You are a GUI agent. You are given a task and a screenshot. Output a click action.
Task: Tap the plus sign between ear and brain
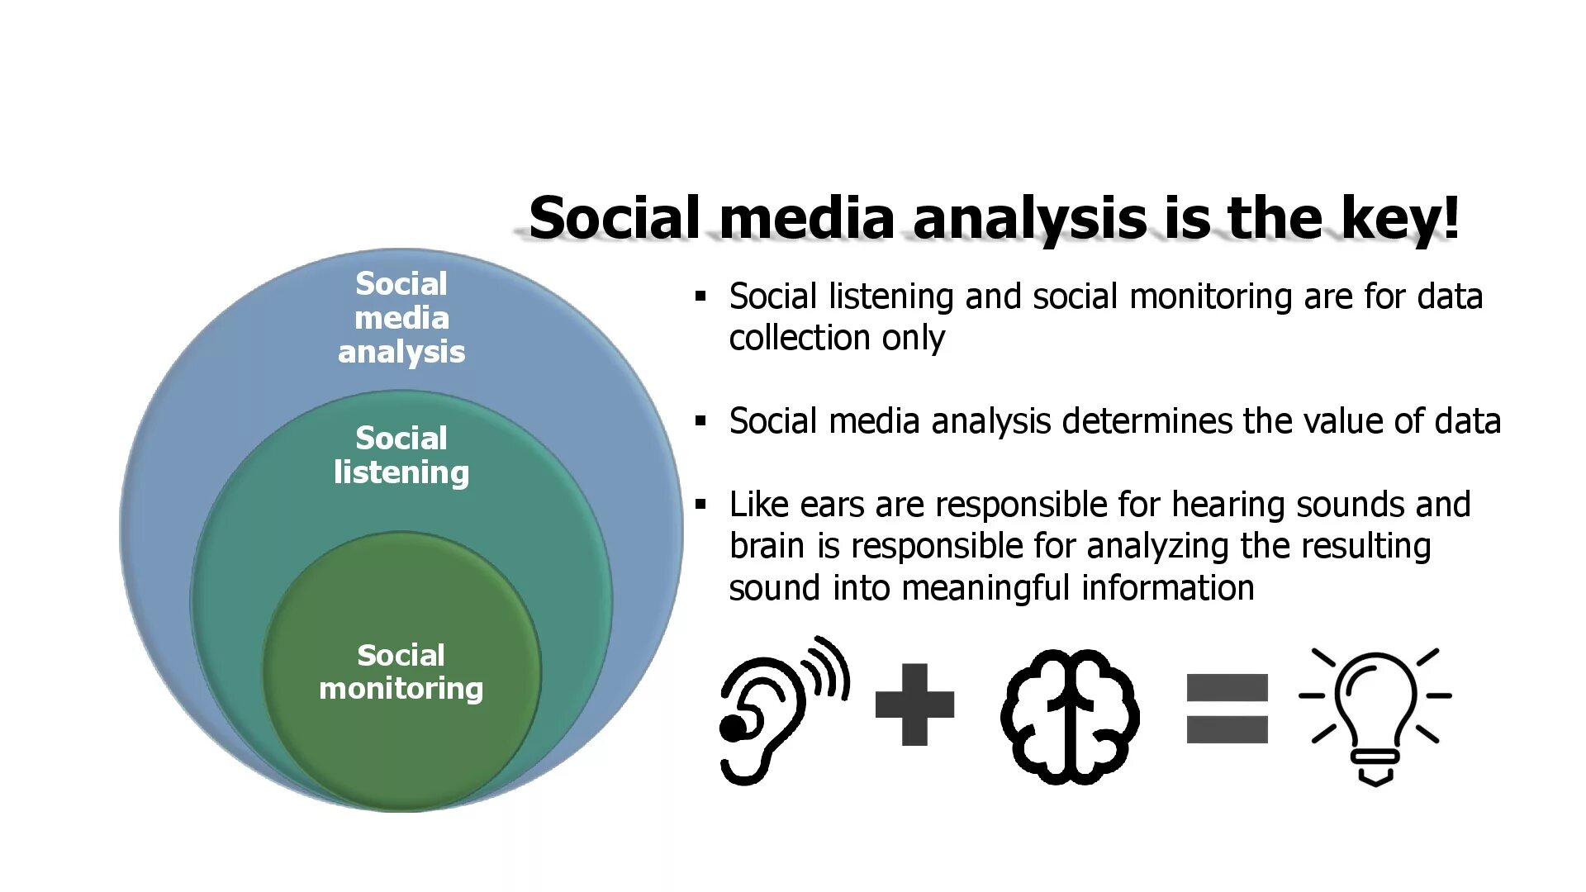click(914, 705)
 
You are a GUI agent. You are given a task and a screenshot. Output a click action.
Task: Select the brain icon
click(1070, 715)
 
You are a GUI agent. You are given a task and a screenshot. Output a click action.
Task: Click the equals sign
click(1227, 708)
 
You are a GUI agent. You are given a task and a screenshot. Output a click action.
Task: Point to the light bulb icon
click(1375, 714)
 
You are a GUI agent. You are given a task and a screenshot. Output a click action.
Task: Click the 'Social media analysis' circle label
click(401, 318)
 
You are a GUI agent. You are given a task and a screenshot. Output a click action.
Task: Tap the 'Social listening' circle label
click(401, 455)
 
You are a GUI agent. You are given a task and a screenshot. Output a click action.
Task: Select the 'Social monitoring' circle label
click(401, 671)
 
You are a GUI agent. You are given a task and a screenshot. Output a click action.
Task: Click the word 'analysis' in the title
click(1029, 218)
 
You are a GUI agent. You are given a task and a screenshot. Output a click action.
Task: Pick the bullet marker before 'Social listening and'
click(701, 296)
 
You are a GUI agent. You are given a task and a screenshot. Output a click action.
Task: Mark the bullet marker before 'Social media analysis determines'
click(701, 421)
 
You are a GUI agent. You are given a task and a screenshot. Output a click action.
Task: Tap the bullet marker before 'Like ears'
click(701, 504)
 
